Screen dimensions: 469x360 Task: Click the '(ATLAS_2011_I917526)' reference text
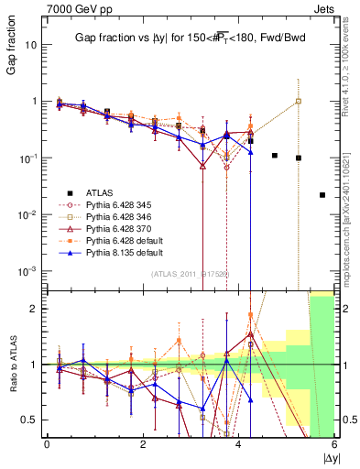[189, 273]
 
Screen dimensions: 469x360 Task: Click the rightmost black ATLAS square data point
[322, 195]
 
